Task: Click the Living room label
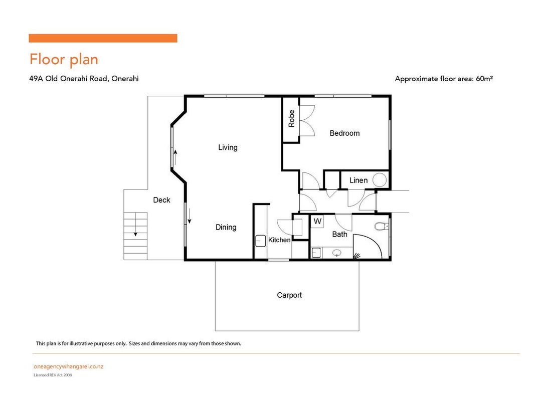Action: pos(228,147)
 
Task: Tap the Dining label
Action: pos(226,227)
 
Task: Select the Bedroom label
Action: pos(344,133)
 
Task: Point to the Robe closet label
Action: pos(291,119)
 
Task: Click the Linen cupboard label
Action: pos(359,180)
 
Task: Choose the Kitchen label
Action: pos(279,240)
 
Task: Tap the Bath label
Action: pos(340,234)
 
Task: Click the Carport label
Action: pos(289,295)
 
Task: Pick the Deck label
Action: pos(161,200)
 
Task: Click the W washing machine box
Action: pos(317,221)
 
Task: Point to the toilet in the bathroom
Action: pos(382,226)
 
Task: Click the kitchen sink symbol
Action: pos(261,241)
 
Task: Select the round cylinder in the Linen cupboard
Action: pos(380,180)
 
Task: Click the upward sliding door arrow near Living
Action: pos(175,157)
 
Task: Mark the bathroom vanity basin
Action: pos(337,253)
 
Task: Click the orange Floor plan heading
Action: pos(64,59)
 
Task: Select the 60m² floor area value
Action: pos(484,78)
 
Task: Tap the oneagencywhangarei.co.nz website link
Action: pos(68,366)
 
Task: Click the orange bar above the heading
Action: pos(103,38)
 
